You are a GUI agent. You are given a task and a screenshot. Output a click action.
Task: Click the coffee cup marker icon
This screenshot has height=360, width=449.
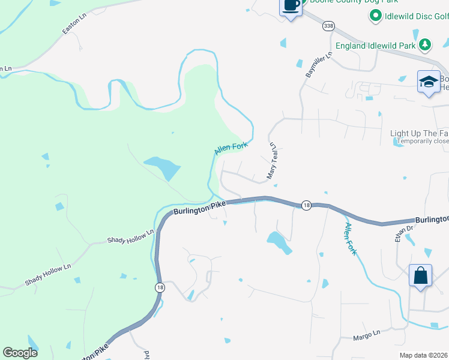click(291, 6)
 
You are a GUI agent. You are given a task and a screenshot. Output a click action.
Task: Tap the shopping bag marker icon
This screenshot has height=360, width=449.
click(421, 276)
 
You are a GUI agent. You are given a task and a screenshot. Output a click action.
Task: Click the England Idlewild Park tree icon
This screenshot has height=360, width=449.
click(425, 44)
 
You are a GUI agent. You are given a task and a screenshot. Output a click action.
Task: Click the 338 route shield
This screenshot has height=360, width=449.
click(328, 26)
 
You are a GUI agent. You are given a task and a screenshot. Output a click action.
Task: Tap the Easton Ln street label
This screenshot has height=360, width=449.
click(74, 25)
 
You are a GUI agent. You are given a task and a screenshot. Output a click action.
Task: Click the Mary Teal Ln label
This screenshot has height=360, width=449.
click(272, 161)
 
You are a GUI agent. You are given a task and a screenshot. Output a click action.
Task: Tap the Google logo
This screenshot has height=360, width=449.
click(20, 353)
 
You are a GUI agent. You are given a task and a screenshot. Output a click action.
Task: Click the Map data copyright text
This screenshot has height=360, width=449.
click(424, 355)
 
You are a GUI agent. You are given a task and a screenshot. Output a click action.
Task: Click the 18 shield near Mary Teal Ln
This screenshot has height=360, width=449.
click(306, 205)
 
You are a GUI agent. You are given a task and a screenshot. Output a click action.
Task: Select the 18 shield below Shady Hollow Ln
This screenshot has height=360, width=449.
click(160, 288)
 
